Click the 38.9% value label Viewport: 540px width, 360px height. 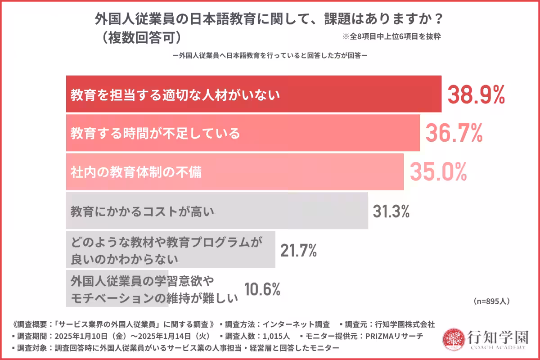476,94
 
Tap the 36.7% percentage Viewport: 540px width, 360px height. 454,133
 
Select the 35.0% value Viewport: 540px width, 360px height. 438,172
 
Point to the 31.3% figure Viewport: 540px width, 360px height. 391,211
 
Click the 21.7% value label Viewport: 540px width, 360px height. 298,250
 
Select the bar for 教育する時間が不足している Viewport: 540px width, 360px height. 243,133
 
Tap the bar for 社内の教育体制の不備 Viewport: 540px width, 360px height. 234,172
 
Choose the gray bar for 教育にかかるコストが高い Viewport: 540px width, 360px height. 216,211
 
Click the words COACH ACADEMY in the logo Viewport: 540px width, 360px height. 498,347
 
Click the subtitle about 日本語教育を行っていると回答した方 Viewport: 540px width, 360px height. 270,56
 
